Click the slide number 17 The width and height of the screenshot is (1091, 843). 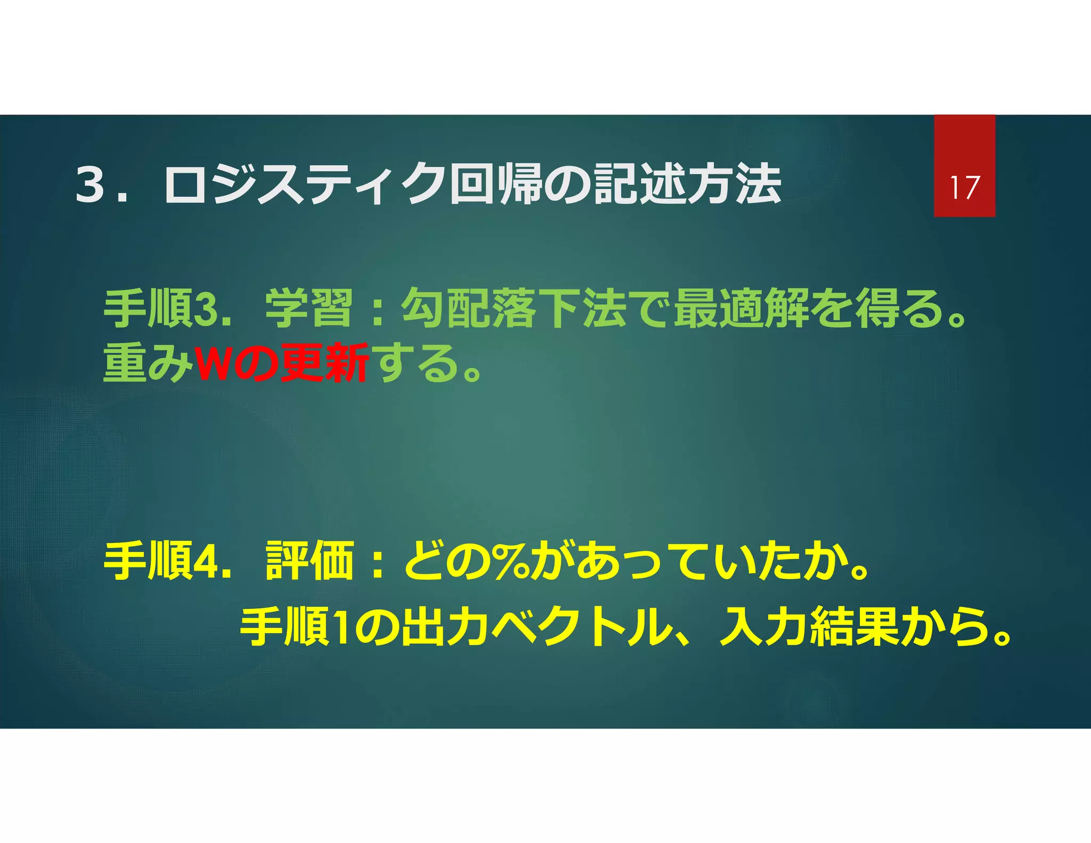pos(964,188)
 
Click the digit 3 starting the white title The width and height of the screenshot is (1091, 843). pos(90,184)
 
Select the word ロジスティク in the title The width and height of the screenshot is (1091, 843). pos(304,184)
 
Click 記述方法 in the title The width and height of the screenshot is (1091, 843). pos(688,184)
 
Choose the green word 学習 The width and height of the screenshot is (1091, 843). pos(309,309)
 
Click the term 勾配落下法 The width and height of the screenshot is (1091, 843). pos(514,309)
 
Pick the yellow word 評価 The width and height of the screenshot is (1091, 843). pos(310,561)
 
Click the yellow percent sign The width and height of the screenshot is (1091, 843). pos(511,561)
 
